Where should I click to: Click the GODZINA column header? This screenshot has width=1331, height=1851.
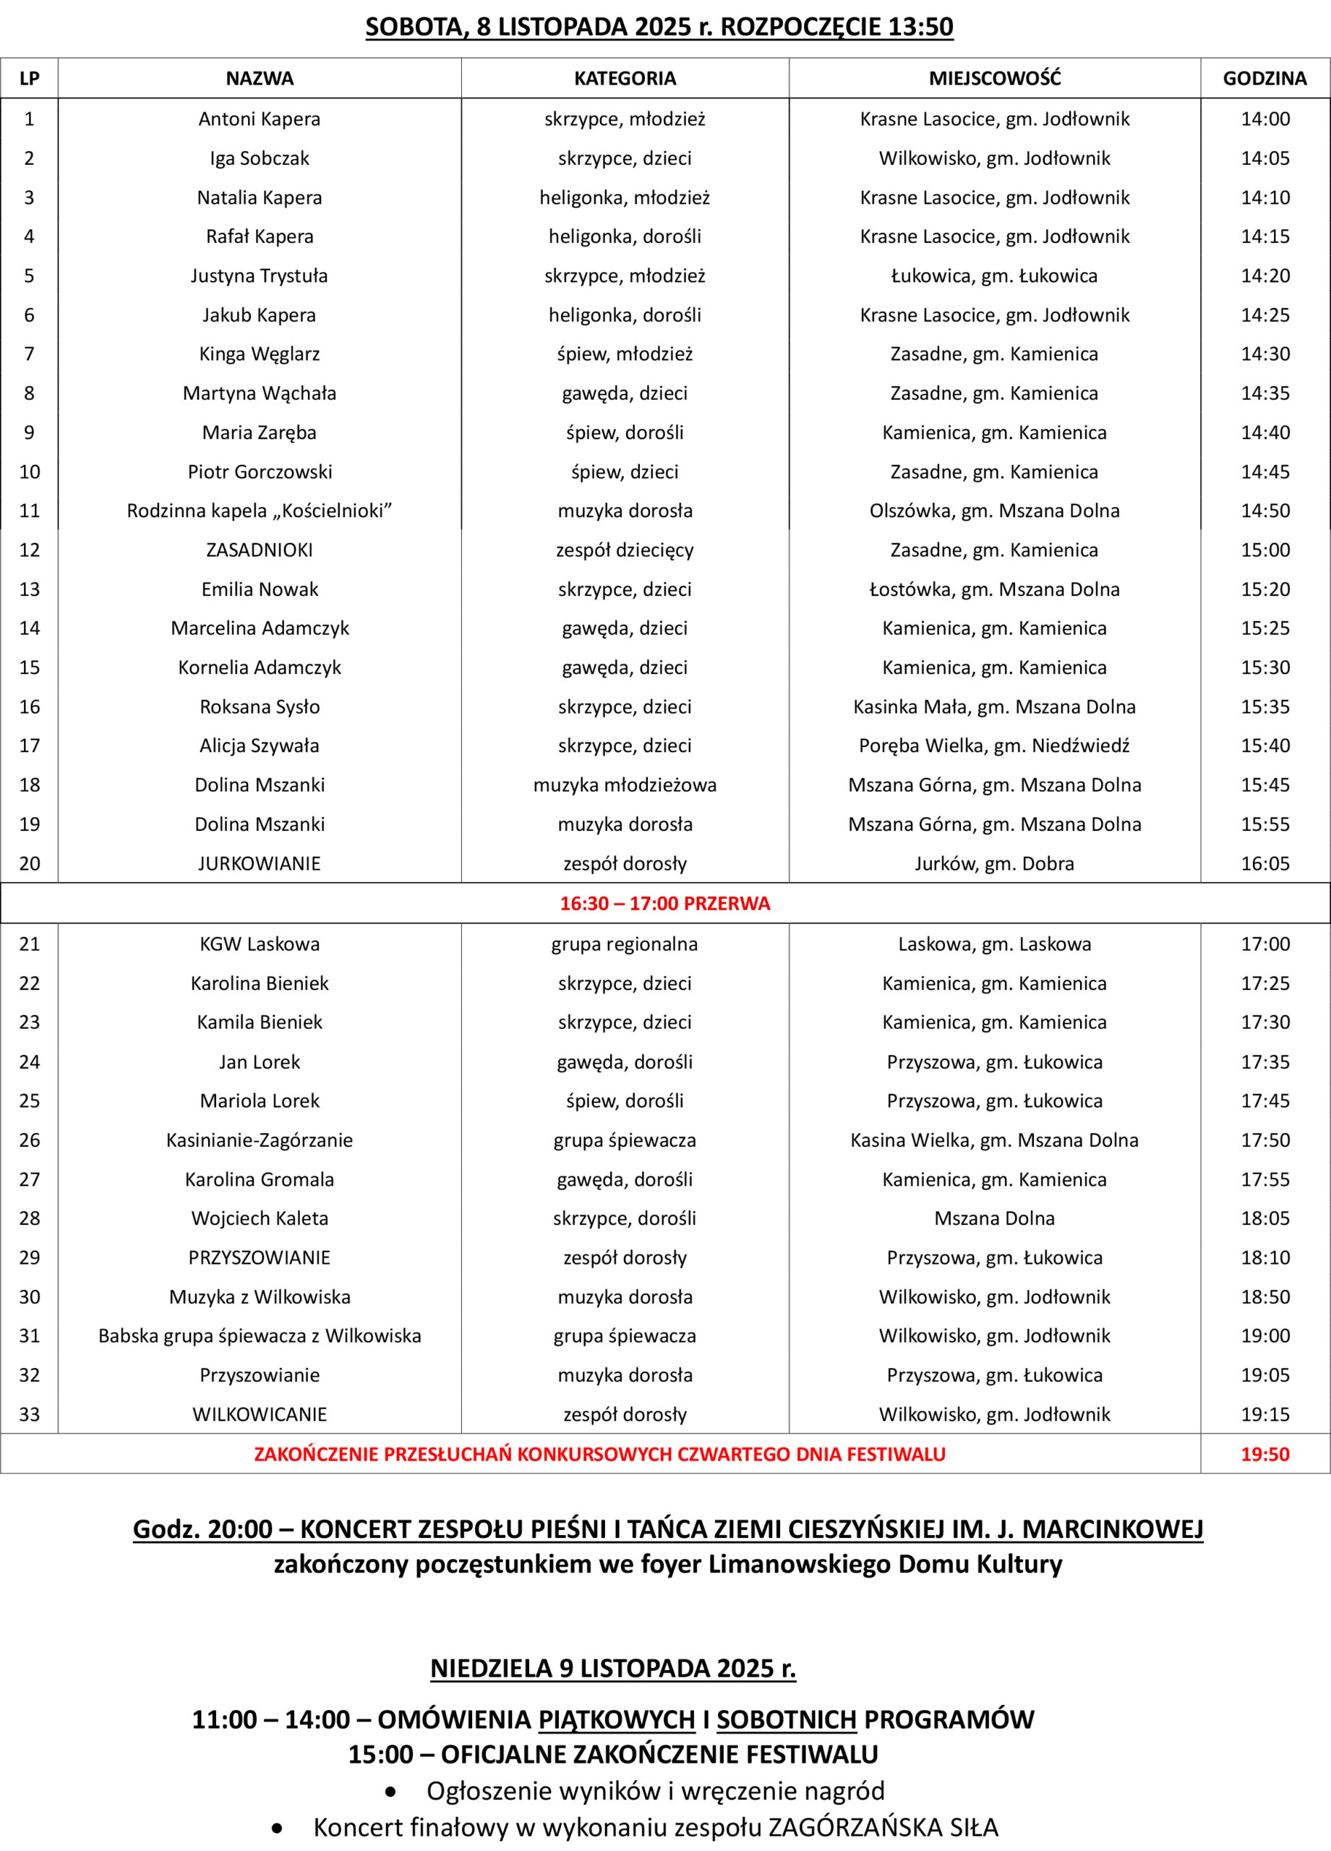1264,78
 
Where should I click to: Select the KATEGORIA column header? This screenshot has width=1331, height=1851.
625,78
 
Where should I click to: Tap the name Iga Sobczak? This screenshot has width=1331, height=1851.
260,158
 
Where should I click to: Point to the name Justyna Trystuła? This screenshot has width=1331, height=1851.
260,276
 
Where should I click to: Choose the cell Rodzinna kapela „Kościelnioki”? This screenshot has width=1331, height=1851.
260,511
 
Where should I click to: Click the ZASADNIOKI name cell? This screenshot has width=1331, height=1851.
260,550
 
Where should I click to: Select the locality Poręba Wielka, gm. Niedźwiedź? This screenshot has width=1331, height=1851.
994,745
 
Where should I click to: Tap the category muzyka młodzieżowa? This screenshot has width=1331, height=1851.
625,785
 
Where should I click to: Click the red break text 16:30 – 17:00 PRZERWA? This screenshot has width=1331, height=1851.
665,904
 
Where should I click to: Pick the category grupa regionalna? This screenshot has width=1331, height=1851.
625,944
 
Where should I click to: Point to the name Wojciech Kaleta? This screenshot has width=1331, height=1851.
260,1218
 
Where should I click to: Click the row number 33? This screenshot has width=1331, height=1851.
30,1414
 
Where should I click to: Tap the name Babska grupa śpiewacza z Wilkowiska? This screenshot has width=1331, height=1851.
260,1336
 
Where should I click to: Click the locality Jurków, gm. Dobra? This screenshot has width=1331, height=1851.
994,863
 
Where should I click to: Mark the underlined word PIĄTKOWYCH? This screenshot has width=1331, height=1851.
616,1719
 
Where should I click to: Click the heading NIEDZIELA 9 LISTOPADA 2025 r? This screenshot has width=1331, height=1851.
614,1668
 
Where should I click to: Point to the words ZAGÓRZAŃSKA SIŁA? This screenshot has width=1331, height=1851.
883,1827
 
